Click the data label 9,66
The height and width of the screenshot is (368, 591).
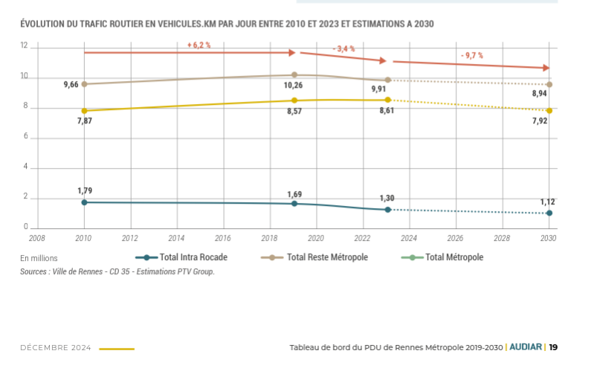[x=71, y=85]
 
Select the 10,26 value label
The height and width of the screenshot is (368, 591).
[x=295, y=86]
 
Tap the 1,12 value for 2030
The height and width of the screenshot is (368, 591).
[x=547, y=201]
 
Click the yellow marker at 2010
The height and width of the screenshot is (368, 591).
[x=84, y=111]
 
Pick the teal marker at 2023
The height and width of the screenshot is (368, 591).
[x=387, y=210]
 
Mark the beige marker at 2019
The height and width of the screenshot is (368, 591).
[x=294, y=75]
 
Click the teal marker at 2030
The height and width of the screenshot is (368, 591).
[x=549, y=213]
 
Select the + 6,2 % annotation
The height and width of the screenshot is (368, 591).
[x=199, y=45]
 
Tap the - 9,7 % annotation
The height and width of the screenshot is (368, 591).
[x=472, y=55]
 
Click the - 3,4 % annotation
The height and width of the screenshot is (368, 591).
[x=344, y=48]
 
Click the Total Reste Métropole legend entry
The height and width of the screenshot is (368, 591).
[x=327, y=257]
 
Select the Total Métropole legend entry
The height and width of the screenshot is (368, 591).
[x=453, y=257]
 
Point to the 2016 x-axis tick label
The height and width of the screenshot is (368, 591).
[x=223, y=239]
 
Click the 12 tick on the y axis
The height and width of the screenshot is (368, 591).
[x=24, y=46]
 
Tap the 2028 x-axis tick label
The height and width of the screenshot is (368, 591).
[x=502, y=239]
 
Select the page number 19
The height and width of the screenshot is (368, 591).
[x=553, y=347]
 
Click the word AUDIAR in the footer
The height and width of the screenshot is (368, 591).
[x=526, y=347]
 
